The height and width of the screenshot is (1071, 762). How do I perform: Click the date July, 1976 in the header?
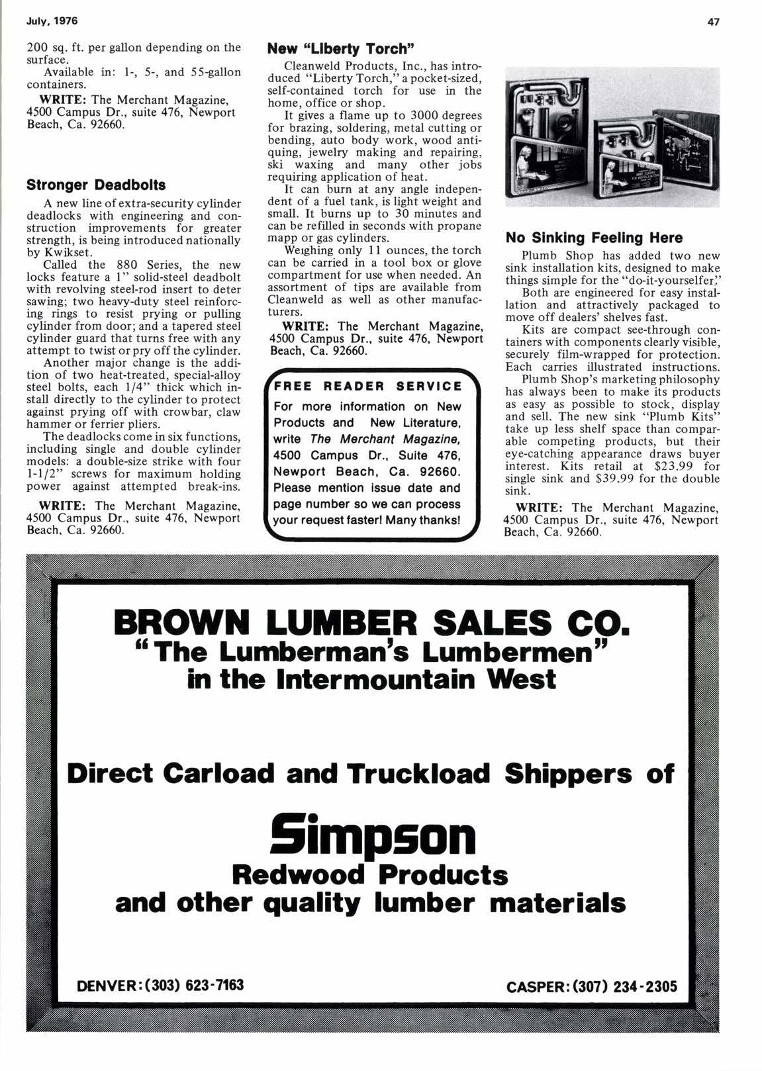click(x=52, y=21)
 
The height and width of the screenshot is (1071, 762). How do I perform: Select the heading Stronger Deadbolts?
click(x=96, y=184)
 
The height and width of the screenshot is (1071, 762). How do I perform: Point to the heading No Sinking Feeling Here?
click(x=594, y=238)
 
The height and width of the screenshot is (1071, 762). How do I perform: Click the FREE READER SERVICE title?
click(x=368, y=386)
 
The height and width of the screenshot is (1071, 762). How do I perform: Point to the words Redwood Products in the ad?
click(x=370, y=874)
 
